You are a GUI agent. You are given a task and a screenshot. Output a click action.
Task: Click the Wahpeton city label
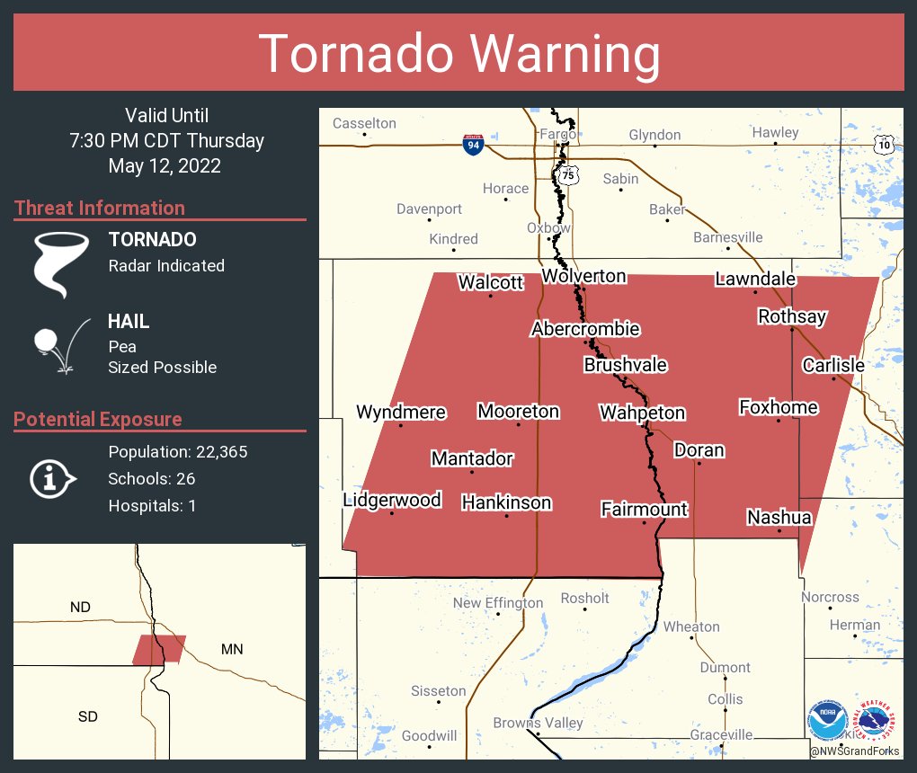[x=642, y=413]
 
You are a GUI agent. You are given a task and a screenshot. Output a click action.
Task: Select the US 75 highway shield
[x=565, y=175]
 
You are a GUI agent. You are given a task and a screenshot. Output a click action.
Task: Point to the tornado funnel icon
[x=60, y=263]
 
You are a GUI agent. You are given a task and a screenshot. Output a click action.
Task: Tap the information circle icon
[x=53, y=478]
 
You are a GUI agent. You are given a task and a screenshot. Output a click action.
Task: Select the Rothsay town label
[x=791, y=316]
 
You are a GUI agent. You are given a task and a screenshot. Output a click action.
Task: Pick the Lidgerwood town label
[x=392, y=500]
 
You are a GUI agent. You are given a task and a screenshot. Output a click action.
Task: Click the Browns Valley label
[x=538, y=723]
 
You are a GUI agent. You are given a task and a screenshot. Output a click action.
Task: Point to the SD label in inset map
[x=88, y=716]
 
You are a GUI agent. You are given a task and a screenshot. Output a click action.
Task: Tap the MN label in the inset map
[x=232, y=649]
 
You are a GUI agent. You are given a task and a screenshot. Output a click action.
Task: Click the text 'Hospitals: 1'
[x=152, y=505]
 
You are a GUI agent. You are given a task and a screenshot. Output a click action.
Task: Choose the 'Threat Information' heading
[x=100, y=208]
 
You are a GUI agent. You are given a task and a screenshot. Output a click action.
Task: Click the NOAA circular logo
[x=827, y=721]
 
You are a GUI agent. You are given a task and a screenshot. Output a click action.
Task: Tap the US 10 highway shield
[x=885, y=144]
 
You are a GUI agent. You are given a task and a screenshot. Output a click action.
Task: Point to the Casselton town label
[x=364, y=123]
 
